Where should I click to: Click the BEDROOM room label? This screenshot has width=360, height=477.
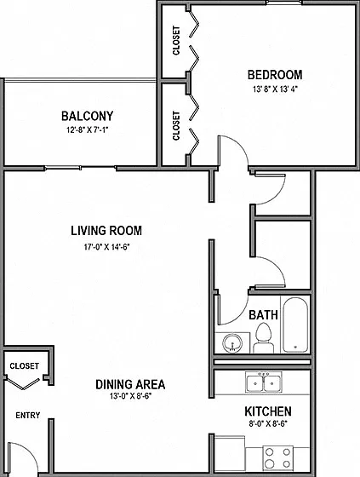pos(275,75)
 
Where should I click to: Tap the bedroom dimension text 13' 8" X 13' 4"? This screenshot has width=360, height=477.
pos(275,89)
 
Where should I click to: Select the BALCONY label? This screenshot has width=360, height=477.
pos(88,116)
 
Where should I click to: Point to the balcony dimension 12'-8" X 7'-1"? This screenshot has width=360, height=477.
pos(88,130)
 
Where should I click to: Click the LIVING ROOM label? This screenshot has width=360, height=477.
pos(106,231)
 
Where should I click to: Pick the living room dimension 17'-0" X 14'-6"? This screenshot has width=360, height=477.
pos(106,247)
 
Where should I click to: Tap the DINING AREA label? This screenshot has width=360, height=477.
pos(130,384)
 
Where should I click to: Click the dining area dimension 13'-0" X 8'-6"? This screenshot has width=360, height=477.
pos(131,396)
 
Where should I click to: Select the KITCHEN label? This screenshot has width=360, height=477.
pos(268,411)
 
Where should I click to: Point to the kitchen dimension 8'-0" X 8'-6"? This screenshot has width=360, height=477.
pos(268,424)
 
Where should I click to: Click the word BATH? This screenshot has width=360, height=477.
pos(263,315)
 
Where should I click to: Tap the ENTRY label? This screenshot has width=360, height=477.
pos(28,416)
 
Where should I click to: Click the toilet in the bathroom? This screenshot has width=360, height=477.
pos(264,337)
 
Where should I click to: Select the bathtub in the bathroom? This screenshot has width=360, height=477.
pos(295,325)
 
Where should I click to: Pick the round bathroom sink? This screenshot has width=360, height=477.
pos(232,342)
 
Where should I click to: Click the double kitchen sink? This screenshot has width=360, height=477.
pos(264,382)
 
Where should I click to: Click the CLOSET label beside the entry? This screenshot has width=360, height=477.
pos(25,365)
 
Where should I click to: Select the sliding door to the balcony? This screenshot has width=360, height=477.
pos(81,168)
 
